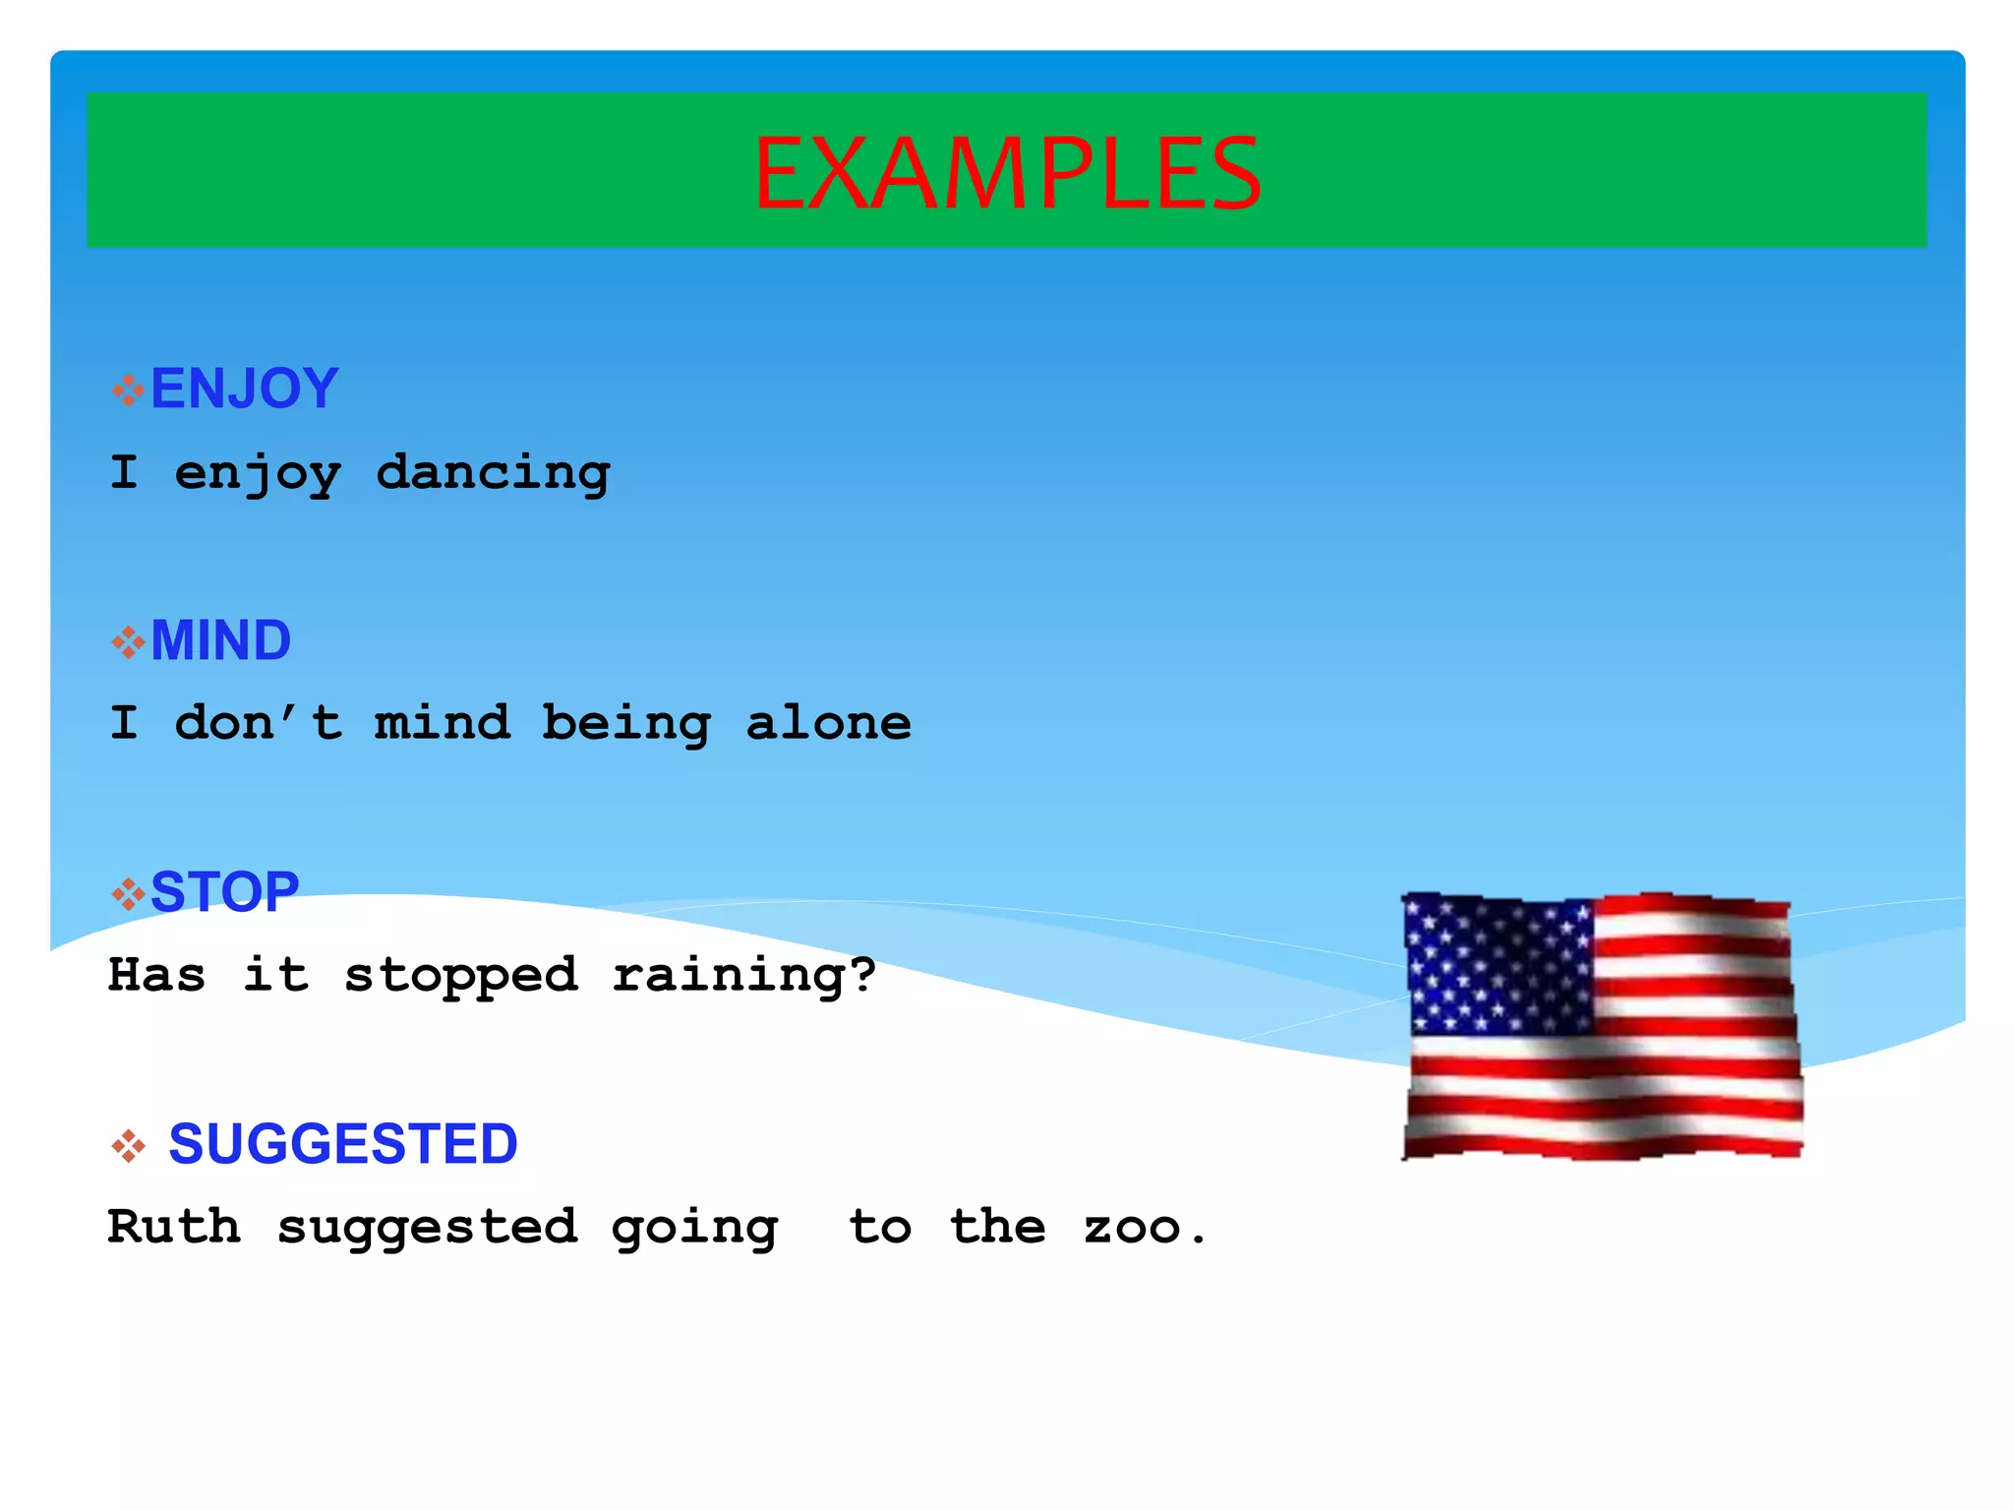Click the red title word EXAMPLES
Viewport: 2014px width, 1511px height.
pos(1007,173)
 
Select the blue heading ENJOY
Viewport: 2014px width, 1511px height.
pos(244,388)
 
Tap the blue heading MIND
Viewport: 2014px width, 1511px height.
pos(220,640)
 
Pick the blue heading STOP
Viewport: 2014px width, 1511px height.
pos(224,892)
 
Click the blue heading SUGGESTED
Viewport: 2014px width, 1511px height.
pos(342,1143)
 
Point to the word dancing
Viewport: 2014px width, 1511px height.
pos(493,473)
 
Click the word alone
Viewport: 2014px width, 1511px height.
pos(828,724)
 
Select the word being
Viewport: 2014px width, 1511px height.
pos(625,724)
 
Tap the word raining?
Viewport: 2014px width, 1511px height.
pos(743,976)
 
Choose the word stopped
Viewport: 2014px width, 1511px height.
pos(460,976)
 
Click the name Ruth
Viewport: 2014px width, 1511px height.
pos(174,1227)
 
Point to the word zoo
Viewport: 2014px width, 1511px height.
pos(1143,1228)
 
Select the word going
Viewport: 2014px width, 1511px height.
pos(694,1228)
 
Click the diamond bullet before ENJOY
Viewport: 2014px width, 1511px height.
pos(128,391)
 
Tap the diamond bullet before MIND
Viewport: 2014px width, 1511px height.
pos(128,642)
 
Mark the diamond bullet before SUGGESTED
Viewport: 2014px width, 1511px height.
pos(128,1146)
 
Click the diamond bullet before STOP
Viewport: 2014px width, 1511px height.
pos(128,894)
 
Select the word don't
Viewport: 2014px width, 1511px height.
pos(258,724)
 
